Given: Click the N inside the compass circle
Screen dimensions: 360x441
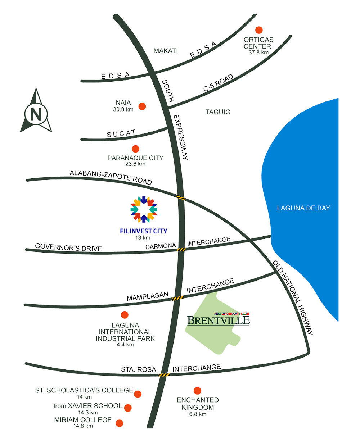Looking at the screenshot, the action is (36, 114).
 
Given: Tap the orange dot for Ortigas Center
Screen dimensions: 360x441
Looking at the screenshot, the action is (259, 30).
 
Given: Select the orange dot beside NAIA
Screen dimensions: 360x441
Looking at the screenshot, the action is (142, 106).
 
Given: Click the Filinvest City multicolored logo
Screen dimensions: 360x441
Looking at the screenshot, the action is (144, 209).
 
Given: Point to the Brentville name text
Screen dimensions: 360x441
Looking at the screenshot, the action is (218, 320).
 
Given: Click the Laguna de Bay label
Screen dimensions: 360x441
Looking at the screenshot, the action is (303, 208).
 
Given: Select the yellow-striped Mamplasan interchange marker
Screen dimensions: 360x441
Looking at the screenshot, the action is (178, 298).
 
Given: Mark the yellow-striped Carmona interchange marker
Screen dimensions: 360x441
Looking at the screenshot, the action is (181, 249).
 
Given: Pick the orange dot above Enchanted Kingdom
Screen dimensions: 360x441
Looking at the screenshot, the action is (197, 390).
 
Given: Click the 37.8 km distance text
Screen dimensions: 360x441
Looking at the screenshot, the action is (258, 52).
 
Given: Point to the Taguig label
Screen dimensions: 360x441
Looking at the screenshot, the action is (218, 112).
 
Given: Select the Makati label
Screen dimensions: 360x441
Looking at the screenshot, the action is (166, 51).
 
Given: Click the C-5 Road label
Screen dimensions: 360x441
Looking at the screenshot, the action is (218, 83).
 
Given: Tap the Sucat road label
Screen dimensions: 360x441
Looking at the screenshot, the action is (121, 133).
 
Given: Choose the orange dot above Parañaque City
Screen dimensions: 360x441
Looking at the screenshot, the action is (136, 149).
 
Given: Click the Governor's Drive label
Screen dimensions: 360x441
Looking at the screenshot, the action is (68, 247).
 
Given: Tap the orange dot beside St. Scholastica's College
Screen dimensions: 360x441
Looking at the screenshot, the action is (138, 394).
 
